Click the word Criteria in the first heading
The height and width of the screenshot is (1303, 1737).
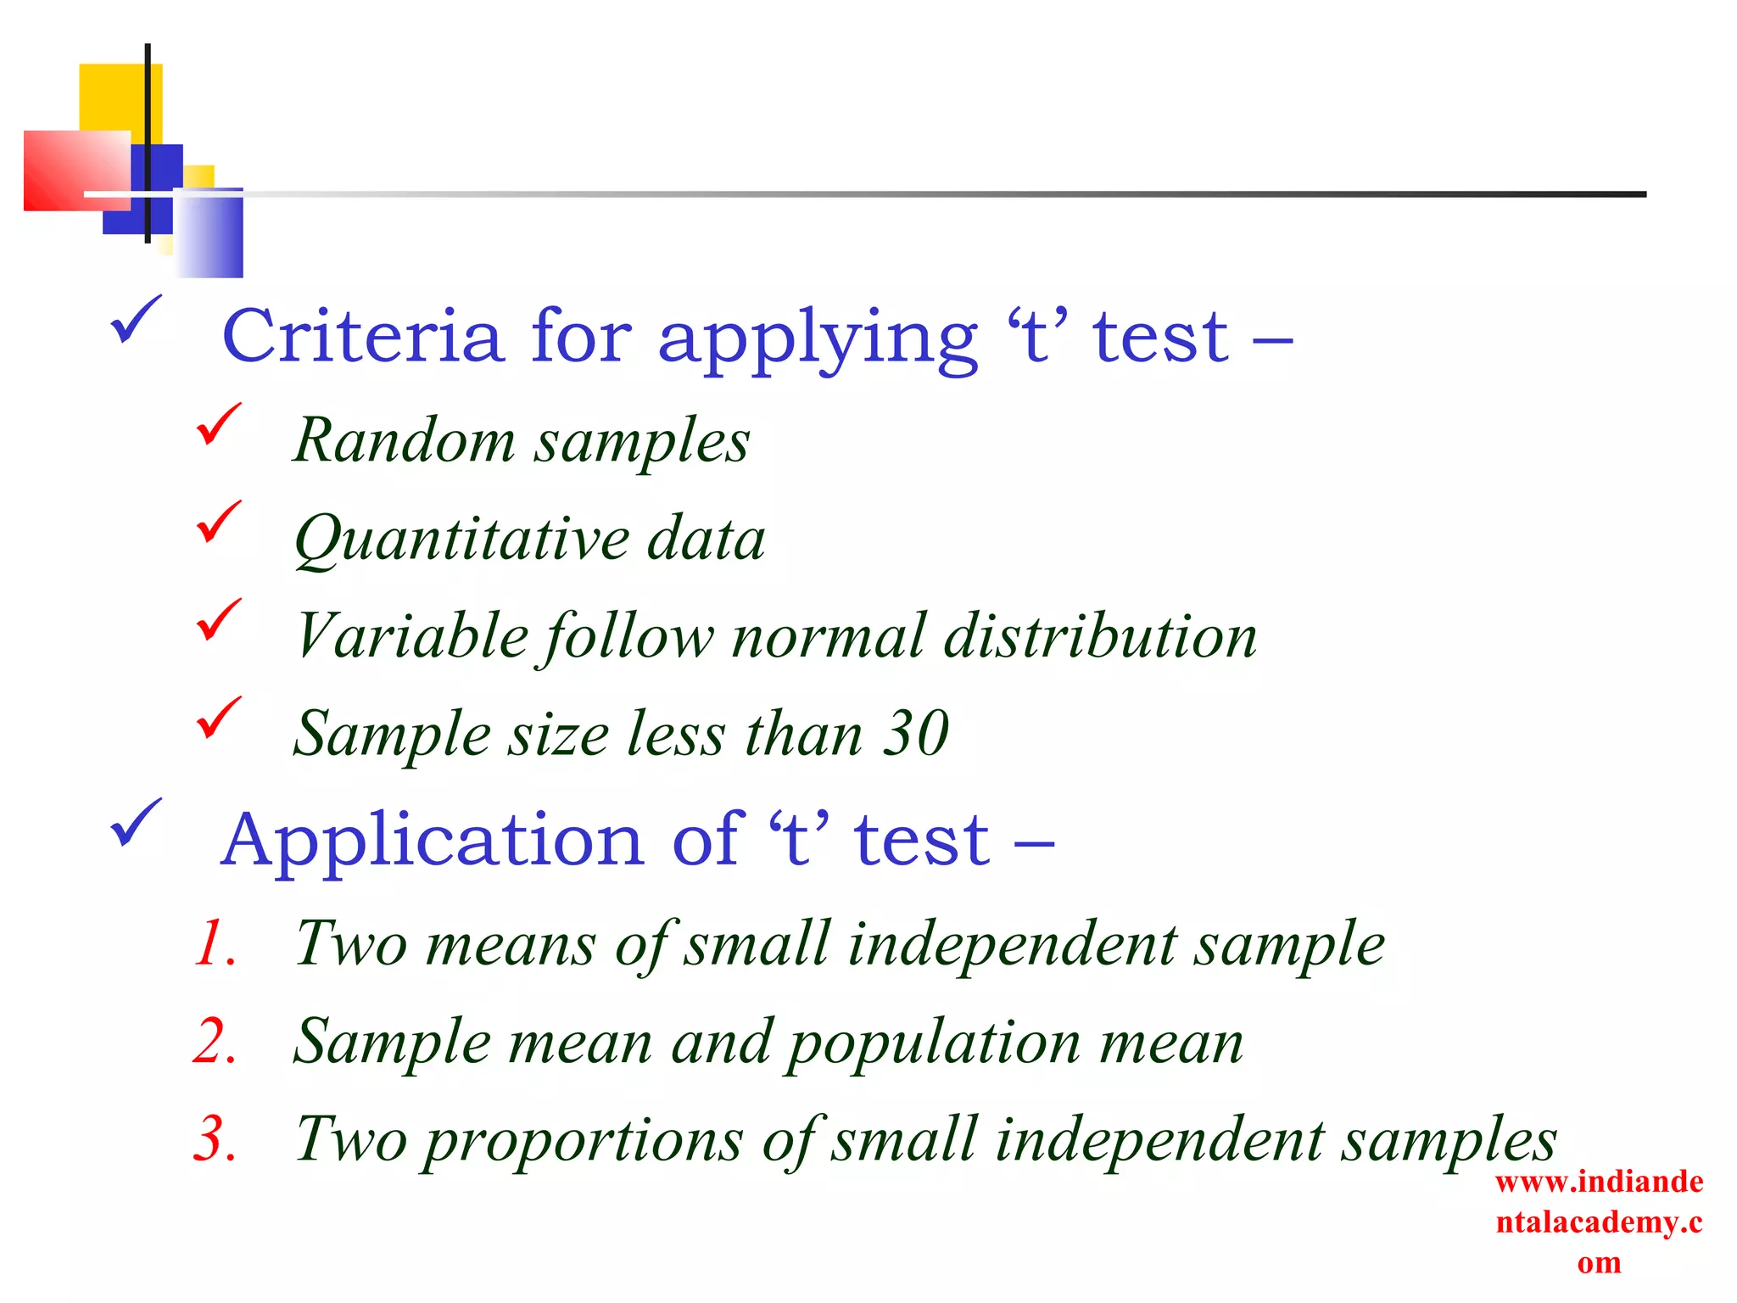[362, 337]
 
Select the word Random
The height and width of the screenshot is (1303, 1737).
[404, 441]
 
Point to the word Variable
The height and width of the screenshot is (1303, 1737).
[412, 636]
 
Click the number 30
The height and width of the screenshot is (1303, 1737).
[915, 733]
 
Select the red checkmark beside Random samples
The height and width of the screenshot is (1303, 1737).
[218, 425]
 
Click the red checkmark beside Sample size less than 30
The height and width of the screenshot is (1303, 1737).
[218, 718]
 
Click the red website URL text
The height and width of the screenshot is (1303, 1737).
[1599, 1222]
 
